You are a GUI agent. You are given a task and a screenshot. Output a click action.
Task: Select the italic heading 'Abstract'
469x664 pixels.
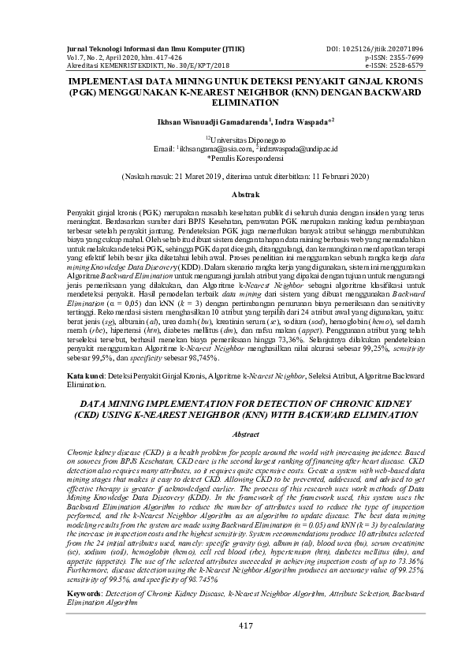(234, 435)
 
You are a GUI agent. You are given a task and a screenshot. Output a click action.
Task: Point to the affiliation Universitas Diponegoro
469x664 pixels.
(236, 138)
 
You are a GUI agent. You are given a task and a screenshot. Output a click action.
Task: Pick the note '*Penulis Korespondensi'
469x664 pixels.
(234, 157)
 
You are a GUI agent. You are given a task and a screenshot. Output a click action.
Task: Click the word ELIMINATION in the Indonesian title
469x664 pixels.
(234, 103)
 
